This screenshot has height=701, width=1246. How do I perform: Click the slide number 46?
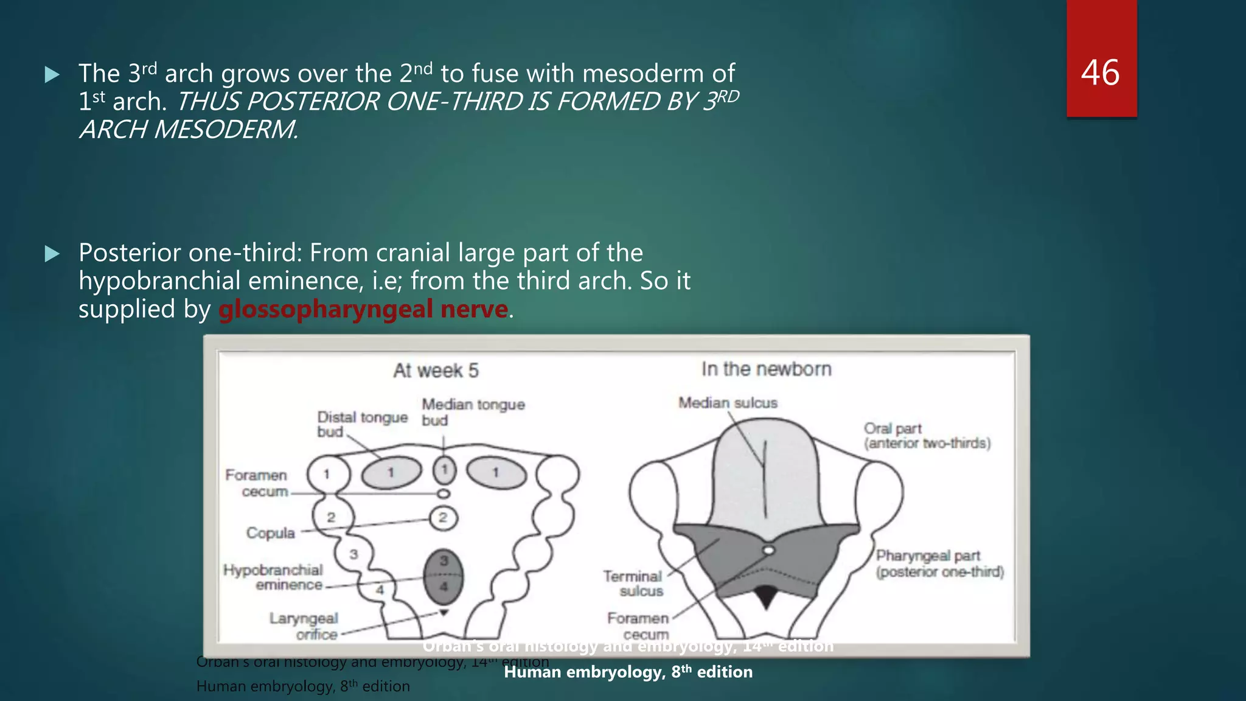coord(1100,73)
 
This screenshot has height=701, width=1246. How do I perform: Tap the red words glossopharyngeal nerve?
coord(363,309)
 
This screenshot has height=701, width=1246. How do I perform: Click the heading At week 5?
coord(436,370)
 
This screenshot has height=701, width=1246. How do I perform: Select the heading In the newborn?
coord(766,369)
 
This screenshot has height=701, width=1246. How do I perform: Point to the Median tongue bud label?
coord(472,411)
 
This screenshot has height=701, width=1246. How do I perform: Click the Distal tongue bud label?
coord(361,424)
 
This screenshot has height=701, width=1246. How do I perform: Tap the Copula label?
coord(270,533)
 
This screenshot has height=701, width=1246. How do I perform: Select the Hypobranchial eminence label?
coord(273,577)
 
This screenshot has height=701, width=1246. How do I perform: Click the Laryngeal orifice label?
coord(304,626)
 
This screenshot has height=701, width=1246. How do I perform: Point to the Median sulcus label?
coord(728,403)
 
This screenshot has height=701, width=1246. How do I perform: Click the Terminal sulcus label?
coord(633,583)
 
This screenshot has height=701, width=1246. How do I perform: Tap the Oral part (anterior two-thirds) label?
coord(927,436)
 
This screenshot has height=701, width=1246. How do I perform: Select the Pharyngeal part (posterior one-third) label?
coord(939,563)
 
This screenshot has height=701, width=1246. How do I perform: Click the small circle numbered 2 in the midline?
coord(443,518)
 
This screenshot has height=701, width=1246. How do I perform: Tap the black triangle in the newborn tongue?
coord(765,596)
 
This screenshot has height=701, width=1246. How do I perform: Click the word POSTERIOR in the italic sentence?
coord(313,101)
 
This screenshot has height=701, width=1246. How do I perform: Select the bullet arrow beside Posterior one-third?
coord(52,253)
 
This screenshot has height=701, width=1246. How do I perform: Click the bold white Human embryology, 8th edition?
coord(628,672)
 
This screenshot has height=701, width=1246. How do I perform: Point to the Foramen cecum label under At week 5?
coord(256,483)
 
